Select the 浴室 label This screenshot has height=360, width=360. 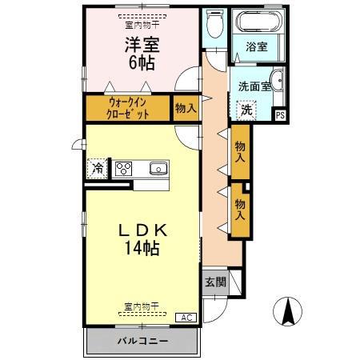[256, 46]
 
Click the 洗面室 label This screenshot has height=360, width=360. [253, 84]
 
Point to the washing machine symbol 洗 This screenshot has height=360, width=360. [246, 110]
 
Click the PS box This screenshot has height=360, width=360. [279, 114]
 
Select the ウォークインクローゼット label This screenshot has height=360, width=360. [128, 108]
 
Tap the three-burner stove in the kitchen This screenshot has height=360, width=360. [124, 168]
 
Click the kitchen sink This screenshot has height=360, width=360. [158, 168]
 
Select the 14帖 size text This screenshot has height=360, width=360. [141, 248]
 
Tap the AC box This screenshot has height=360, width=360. [186, 317]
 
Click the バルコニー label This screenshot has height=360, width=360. [142, 341]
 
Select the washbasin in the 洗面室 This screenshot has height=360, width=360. [277, 79]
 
